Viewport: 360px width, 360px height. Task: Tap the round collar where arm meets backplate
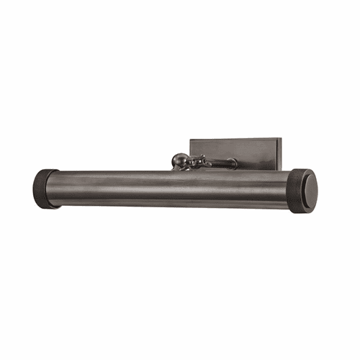pyautogui.click(x=232, y=163)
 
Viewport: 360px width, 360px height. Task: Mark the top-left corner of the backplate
pyautogui.click(x=191, y=139)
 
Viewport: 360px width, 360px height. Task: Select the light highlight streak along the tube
pyautogui.click(x=173, y=181)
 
